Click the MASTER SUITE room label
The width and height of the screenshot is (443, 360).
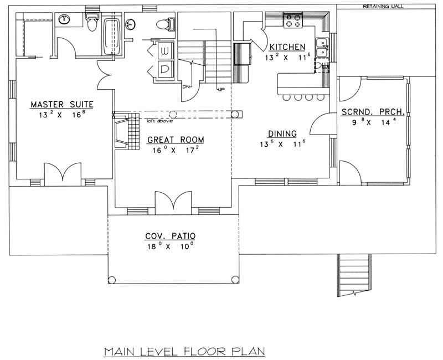(61, 104)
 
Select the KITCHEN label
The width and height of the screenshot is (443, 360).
(287, 47)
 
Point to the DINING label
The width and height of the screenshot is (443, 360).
(282, 133)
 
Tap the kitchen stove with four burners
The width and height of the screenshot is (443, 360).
(293, 21)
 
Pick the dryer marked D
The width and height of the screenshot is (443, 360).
(164, 69)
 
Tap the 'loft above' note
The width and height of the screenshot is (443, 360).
(157, 120)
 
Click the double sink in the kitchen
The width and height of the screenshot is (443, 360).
(321, 48)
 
